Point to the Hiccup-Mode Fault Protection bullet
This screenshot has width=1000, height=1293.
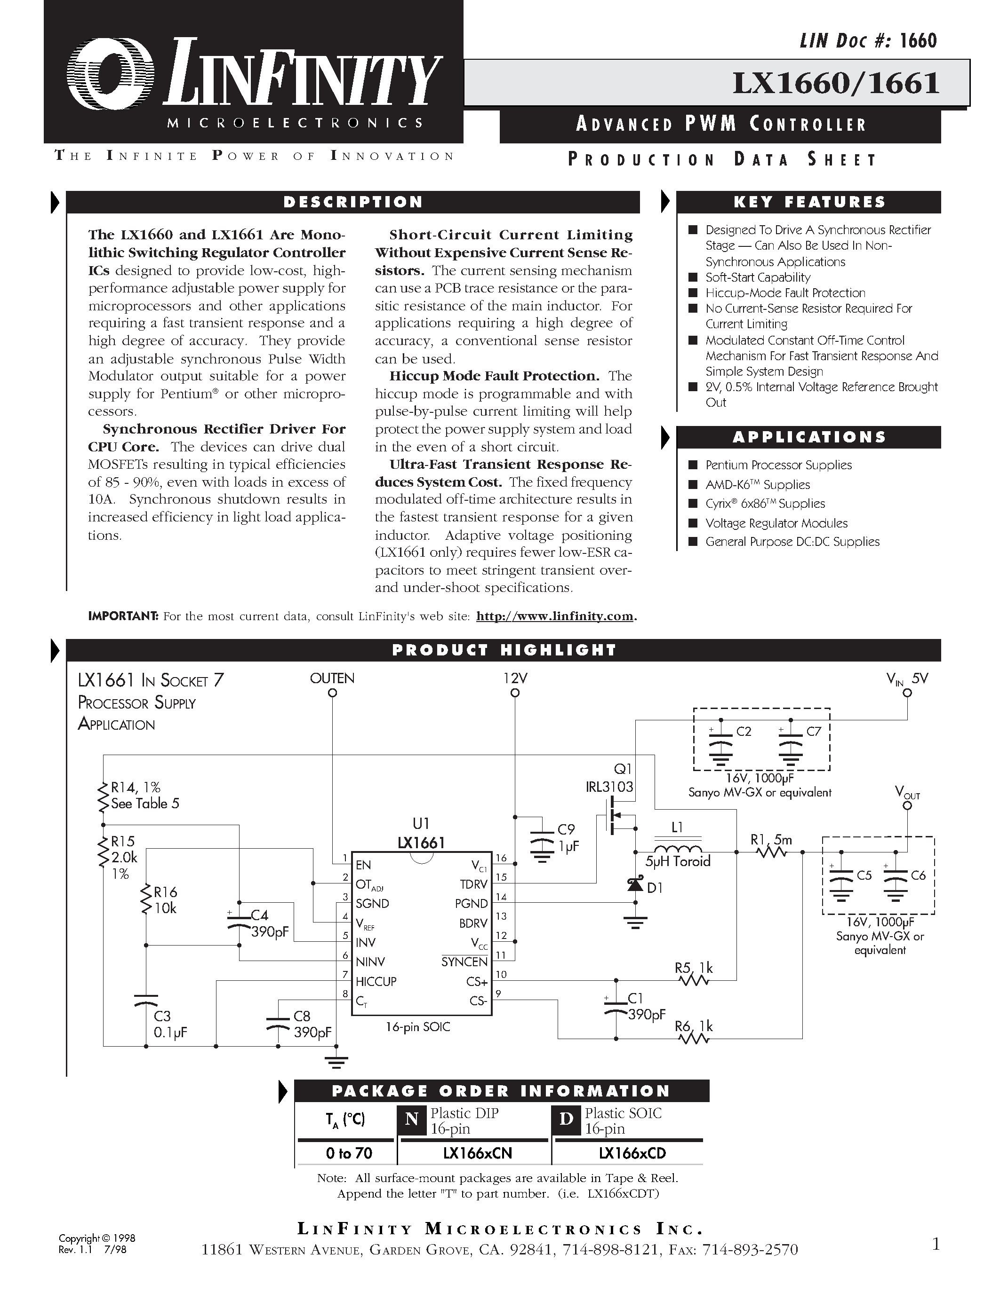[x=785, y=293]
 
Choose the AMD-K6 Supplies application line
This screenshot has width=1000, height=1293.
[x=757, y=485]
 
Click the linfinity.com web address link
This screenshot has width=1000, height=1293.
[x=554, y=616]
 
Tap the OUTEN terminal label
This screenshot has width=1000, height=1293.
[x=332, y=678]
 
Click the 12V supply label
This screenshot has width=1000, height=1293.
[x=515, y=678]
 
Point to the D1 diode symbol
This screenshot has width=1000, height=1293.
[x=636, y=884]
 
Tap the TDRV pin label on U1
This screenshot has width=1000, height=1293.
[x=473, y=884]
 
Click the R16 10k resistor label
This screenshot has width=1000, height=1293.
[x=165, y=900]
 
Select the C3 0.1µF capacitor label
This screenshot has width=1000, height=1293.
[x=171, y=1024]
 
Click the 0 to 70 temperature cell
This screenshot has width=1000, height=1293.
[x=349, y=1153]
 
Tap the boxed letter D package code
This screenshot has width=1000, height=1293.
[x=566, y=1119]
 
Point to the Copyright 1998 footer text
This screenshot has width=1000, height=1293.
[x=97, y=1238]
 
